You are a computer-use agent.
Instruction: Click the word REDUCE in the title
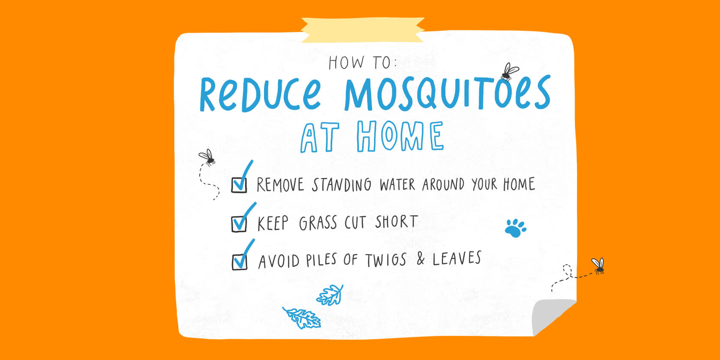pos(261,94)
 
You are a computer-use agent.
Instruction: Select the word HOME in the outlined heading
pos(400,136)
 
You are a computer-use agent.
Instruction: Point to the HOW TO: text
pos(363,63)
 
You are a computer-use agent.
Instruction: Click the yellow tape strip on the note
pos(363,30)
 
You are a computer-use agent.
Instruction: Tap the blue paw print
pos(516,228)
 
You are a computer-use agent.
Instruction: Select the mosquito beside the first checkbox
pos(207,158)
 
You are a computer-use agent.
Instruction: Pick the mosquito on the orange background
pos(598,266)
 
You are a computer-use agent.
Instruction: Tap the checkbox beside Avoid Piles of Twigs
pos(240,262)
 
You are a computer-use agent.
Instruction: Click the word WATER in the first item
pos(397,185)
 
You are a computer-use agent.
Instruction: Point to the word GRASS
pos(318,223)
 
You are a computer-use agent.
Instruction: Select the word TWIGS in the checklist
pos(386,260)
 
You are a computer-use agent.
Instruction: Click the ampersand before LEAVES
pos(420,259)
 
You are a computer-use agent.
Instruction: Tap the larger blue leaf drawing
pos(302,318)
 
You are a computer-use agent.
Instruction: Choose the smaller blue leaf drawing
pos(330,295)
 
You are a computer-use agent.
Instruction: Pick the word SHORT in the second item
pos(397,222)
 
